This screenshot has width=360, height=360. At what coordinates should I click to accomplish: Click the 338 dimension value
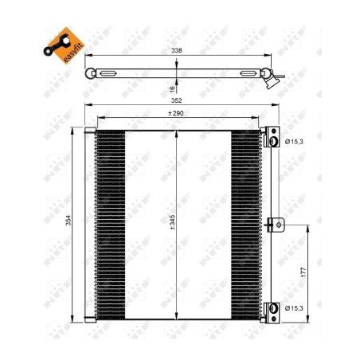(177, 50)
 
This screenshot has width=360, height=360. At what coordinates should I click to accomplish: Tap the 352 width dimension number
(177, 100)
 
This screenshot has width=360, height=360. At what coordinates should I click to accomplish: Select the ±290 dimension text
(176, 113)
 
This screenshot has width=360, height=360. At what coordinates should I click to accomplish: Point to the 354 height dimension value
(68, 221)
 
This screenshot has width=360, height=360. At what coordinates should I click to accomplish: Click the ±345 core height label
(172, 222)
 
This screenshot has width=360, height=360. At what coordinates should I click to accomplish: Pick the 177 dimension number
(303, 272)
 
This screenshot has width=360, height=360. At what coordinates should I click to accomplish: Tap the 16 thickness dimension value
(172, 89)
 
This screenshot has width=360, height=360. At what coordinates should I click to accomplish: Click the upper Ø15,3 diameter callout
(294, 142)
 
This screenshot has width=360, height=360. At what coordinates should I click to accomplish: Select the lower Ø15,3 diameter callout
(294, 308)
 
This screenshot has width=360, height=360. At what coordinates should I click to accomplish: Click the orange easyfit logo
(65, 45)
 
